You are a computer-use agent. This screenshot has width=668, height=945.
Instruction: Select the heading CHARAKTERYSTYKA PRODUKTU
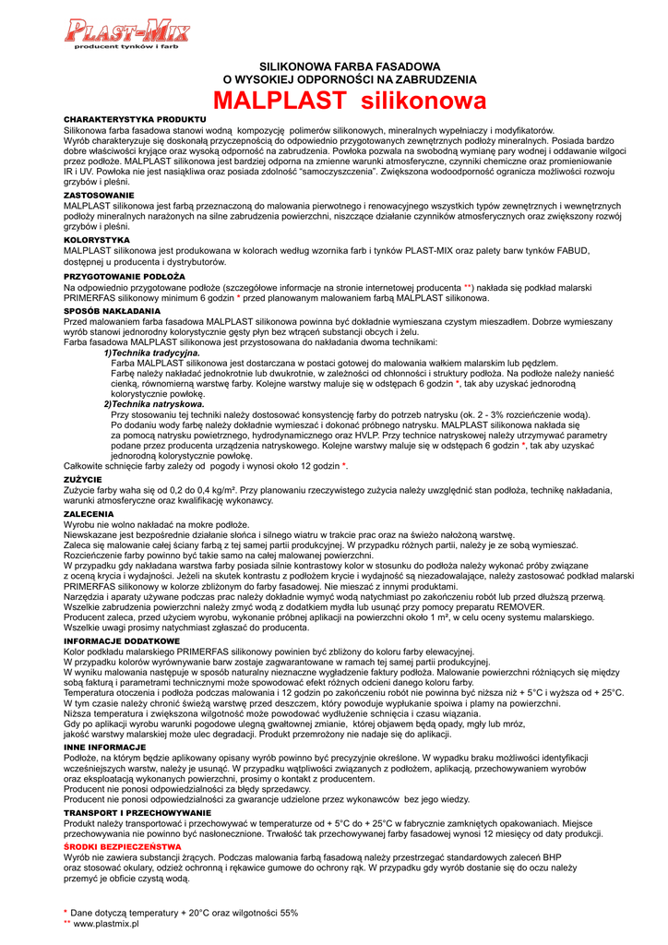134,120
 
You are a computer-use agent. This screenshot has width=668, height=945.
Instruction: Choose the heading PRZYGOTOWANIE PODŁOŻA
125,276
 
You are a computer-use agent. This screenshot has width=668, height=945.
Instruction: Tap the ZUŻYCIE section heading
84,480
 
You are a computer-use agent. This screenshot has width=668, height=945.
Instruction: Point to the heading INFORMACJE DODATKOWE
122,640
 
